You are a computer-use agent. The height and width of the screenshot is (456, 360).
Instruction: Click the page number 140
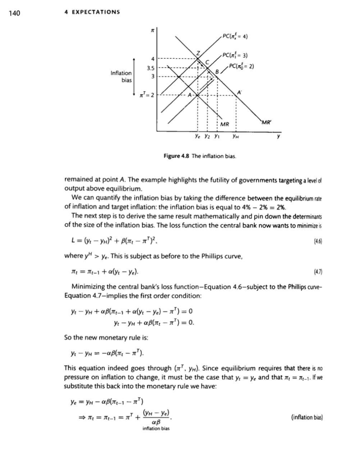pyautogui.click(x=15, y=14)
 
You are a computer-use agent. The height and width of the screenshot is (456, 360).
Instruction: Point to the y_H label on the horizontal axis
pyautogui.click(x=236, y=137)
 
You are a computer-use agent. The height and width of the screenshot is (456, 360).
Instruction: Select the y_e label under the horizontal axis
pyautogui.click(x=197, y=137)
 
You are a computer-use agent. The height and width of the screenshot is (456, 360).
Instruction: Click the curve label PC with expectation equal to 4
pyautogui.click(x=235, y=36)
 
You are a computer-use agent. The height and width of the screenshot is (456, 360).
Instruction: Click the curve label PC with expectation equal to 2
pyautogui.click(x=241, y=66)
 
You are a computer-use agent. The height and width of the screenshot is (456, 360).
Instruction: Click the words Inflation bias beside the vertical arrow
pyautogui.click(x=121, y=76)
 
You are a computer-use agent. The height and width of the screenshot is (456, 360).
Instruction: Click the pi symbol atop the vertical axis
pyautogui.click(x=151, y=31)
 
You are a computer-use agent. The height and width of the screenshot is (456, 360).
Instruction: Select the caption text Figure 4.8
pyautogui.click(x=176, y=156)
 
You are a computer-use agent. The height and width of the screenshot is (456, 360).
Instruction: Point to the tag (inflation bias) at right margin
pyautogui.click(x=307, y=417)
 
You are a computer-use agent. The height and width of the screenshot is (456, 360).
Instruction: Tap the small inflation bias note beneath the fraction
pyautogui.click(x=156, y=428)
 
